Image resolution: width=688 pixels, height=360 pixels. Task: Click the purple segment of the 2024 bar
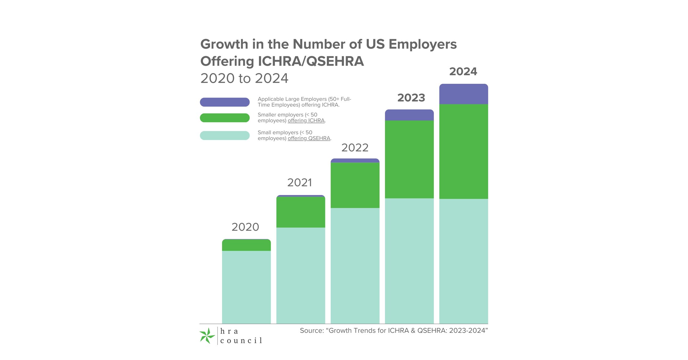[463, 94]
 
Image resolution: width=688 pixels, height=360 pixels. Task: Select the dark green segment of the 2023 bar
[409, 159]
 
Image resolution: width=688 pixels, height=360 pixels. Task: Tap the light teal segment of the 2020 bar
[246, 287]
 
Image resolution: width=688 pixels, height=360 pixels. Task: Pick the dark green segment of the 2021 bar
[301, 212]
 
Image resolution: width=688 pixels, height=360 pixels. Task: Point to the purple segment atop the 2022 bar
[355, 160]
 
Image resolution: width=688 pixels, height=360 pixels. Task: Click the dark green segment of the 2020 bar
[246, 245]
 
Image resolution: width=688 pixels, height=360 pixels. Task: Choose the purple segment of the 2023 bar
[409, 115]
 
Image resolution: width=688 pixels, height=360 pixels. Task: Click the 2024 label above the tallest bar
[463, 72]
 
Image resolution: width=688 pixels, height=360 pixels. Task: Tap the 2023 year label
[411, 98]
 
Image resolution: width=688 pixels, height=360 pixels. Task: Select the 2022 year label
[355, 148]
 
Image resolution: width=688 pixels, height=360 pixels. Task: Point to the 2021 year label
[300, 182]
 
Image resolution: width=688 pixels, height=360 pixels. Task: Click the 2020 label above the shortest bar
[245, 227]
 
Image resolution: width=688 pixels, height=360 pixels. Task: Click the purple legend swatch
[225, 102]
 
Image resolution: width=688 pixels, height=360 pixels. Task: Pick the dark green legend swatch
[225, 118]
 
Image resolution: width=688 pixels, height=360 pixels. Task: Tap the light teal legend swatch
[225, 135]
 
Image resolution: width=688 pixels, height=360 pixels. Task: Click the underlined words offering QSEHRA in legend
[309, 138]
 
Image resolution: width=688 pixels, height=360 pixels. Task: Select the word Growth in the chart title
[224, 44]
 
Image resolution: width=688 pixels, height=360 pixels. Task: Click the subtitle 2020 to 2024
[244, 78]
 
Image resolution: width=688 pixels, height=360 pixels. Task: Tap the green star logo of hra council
[207, 336]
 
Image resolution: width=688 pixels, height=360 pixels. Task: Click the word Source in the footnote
[311, 330]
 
